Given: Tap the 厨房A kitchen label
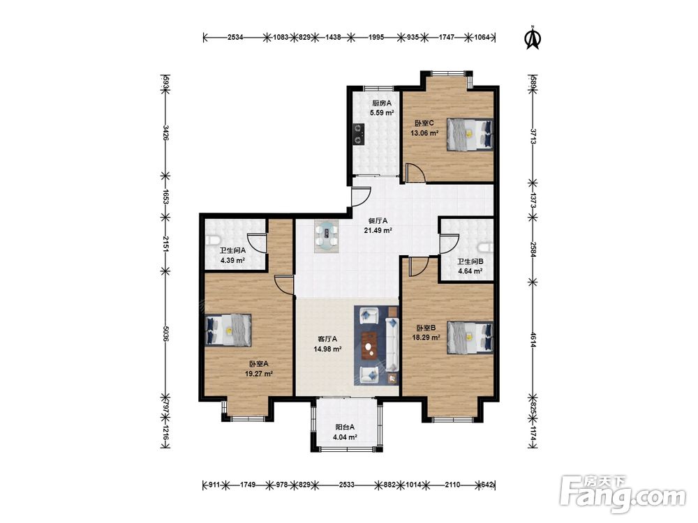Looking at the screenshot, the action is (382, 103).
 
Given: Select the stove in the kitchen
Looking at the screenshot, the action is (358, 134).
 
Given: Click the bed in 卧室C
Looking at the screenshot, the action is (470, 135).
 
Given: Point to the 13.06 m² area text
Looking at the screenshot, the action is (424, 132).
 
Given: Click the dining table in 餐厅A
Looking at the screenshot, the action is (327, 236).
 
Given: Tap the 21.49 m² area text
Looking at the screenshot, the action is (378, 230).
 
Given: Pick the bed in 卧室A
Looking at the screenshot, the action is (228, 331).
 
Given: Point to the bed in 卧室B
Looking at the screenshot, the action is (470, 338).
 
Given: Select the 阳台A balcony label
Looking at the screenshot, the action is (345, 427).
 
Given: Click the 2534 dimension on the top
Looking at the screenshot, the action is (235, 38).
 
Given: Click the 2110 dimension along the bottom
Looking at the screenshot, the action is (452, 485).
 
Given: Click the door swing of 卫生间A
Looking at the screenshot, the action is (257, 243).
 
